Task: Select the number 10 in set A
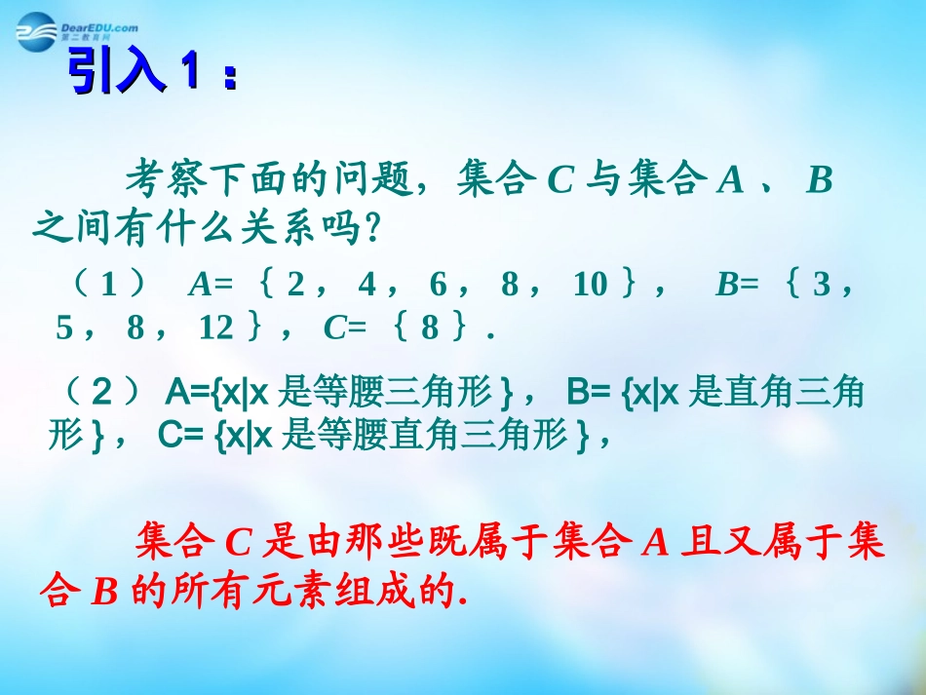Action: [x=590, y=284]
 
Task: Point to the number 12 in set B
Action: [x=215, y=328]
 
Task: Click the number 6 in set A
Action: [x=438, y=284]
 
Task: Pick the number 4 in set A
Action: [x=367, y=284]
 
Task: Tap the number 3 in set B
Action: [x=821, y=284]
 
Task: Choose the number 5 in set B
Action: [x=64, y=328]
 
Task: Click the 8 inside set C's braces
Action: [x=430, y=328]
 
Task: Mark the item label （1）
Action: [x=109, y=284]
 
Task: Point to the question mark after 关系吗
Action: [x=368, y=232]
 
